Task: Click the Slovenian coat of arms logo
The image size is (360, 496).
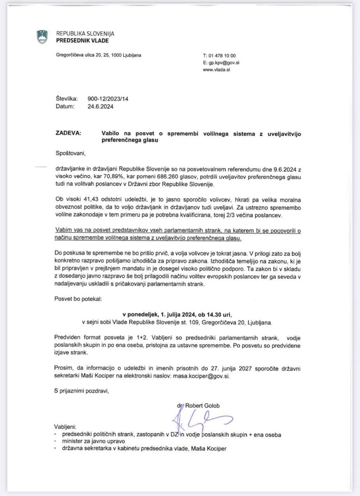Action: pos(42,37)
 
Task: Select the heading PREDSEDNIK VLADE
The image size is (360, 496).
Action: pos(82,41)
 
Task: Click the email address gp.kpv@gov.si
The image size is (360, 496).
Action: pos(224,63)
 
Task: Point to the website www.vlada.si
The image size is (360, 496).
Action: pos(217,70)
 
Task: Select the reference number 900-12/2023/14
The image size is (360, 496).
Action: pos(108,99)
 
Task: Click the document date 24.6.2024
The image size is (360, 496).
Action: pos(101,107)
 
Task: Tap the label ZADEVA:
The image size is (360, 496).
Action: pos(68,133)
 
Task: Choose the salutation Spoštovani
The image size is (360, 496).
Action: pos(70,153)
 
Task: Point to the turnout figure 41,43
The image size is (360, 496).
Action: pos(92,199)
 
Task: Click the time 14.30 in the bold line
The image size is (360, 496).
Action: pos(212,314)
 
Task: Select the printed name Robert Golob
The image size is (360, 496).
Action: pos(202,406)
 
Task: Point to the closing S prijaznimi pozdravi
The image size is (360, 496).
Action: pos(82,391)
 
